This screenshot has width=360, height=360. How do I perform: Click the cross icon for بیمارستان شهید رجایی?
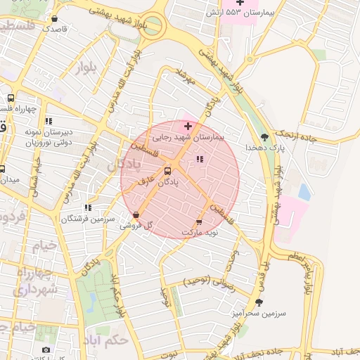[x=188, y=125]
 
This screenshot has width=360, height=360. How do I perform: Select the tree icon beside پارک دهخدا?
[x=264, y=137]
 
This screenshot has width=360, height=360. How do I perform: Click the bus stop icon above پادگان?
[x=167, y=171]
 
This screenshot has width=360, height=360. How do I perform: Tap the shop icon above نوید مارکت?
[x=198, y=222]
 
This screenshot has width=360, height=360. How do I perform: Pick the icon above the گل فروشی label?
[x=136, y=215]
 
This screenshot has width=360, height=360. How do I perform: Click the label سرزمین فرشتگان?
[x=87, y=219]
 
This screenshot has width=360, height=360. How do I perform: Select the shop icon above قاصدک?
[x=55, y=19]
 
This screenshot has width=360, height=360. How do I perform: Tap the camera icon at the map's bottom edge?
[x=46, y=350]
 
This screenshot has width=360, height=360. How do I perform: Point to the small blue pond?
[x=304, y=191]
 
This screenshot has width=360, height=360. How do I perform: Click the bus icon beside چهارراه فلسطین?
[x=11, y=98]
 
